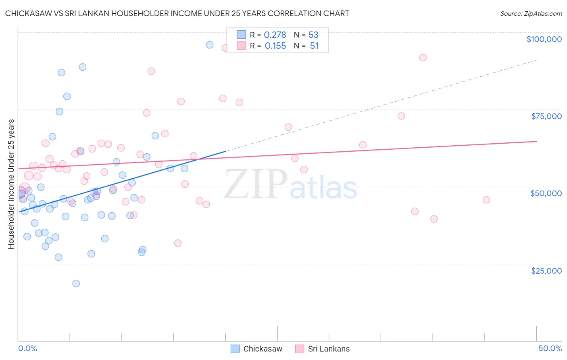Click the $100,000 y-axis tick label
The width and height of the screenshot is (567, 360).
(x=544, y=39)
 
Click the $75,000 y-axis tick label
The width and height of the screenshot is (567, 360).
(x=546, y=116)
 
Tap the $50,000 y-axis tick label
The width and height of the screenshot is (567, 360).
(x=546, y=193)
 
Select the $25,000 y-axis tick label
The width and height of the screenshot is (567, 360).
(x=546, y=270)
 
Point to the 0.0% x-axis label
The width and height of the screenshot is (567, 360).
(x=27, y=348)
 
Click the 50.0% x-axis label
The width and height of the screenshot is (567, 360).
(x=550, y=348)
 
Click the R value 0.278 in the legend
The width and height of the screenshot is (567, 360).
(x=275, y=35)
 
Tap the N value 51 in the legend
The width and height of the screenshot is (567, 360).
(x=314, y=46)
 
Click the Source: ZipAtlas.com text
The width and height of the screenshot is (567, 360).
(x=531, y=13)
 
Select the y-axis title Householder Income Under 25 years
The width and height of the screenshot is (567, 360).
(x=11, y=184)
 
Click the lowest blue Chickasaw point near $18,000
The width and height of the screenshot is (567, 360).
(x=76, y=283)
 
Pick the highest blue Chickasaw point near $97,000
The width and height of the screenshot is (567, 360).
(x=210, y=45)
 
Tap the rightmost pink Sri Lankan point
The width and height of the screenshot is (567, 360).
(x=486, y=200)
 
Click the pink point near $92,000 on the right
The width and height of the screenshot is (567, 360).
(x=423, y=57)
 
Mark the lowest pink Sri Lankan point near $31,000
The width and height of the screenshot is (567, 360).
(x=178, y=243)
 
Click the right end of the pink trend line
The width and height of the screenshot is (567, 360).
(x=536, y=141)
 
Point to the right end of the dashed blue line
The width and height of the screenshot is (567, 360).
(x=536, y=60)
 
